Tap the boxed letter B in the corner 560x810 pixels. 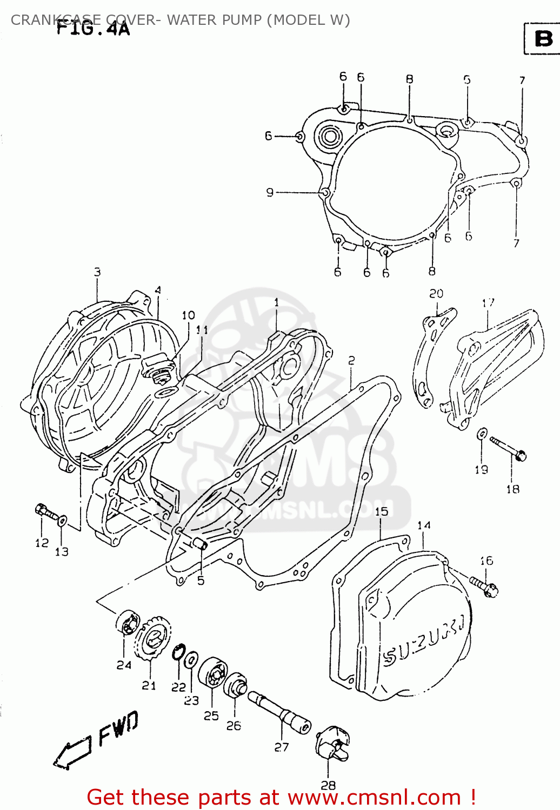point(543,38)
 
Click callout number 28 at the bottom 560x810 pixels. point(328,785)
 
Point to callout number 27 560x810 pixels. point(282,747)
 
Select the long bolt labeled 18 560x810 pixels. point(508,449)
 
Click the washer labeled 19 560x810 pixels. point(482,434)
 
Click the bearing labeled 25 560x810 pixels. point(212,673)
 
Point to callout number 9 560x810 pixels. point(270,192)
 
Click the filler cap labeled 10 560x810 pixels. point(158,368)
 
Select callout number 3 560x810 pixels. point(97,272)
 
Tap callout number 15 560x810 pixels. point(381,511)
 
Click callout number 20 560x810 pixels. point(436,293)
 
